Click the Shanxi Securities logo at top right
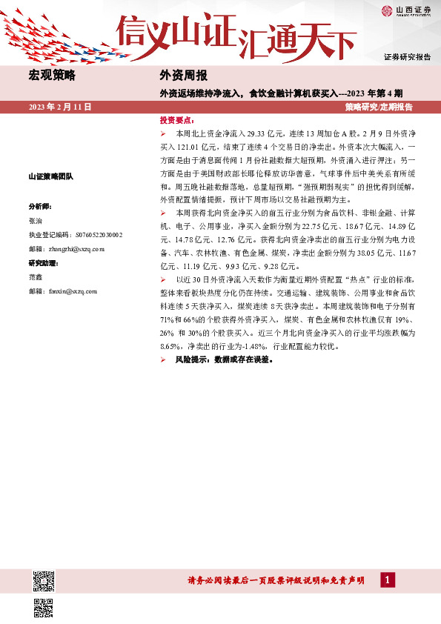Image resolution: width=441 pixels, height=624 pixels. [406, 10]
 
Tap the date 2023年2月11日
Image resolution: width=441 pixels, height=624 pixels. [59, 107]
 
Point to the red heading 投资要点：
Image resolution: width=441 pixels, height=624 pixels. [177, 120]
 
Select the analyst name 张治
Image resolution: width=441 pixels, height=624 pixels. [36, 221]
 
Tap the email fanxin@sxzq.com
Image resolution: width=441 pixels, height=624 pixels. [63, 292]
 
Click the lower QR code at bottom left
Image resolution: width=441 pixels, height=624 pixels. [44, 608]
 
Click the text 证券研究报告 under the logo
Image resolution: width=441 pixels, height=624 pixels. [407, 56]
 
